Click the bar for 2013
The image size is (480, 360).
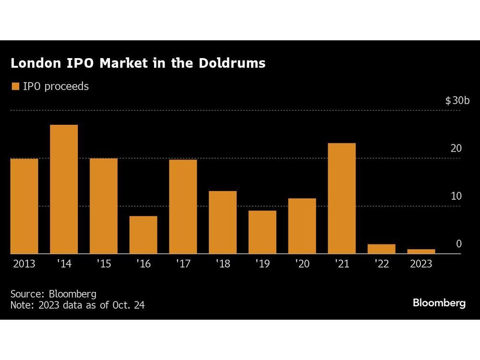(24, 206)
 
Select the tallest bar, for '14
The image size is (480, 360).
(64, 189)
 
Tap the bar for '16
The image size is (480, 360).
(143, 235)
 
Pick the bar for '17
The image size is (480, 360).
(183, 206)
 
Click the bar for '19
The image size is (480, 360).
(262, 232)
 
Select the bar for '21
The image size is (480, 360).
(342, 198)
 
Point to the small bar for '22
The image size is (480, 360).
(382, 249)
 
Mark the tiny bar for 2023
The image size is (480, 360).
(421, 251)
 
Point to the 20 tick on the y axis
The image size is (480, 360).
(456, 148)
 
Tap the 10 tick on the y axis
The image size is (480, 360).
(456, 196)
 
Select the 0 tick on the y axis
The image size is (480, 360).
(458, 244)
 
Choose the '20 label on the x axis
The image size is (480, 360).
(302, 264)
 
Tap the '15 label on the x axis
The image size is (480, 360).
(104, 264)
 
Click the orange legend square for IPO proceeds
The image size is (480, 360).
(15, 86)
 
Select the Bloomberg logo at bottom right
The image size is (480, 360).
(439, 303)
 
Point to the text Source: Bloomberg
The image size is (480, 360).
(53, 294)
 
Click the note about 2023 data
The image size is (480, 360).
(77, 305)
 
